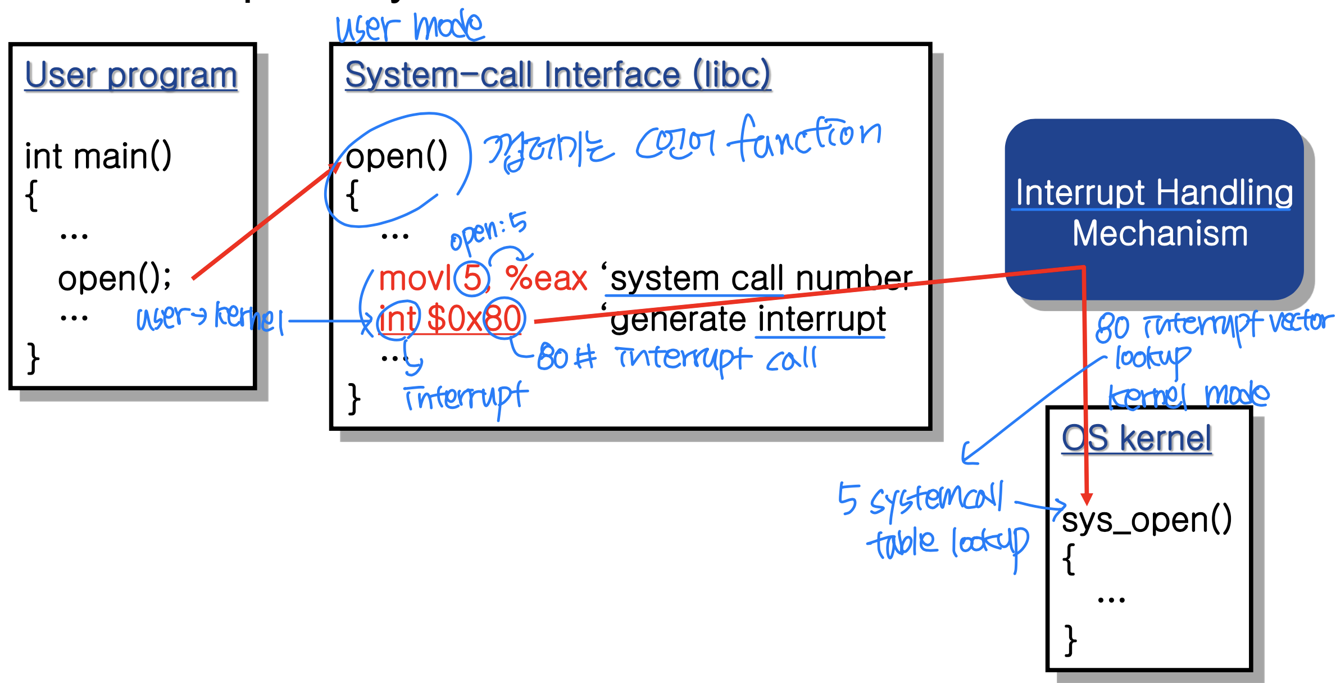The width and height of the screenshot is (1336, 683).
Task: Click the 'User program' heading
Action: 131,75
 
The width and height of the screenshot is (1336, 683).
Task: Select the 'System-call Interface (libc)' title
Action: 557,75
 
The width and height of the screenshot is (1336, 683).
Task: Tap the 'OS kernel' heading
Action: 1137,438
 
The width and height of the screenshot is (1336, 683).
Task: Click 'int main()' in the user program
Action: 98,156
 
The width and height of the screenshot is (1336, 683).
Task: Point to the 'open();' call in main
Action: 114,279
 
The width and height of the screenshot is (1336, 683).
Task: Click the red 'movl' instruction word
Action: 415,279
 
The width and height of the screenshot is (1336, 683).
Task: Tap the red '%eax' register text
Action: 546,279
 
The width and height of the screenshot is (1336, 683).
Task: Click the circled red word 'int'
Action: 398,319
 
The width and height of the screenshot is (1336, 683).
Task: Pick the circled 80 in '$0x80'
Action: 503,319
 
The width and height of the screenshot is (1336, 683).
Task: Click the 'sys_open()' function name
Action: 1146,520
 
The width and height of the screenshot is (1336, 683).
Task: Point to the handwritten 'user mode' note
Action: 410,27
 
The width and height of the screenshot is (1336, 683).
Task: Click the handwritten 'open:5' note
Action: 488,230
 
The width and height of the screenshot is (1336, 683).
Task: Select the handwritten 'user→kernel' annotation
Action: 210,318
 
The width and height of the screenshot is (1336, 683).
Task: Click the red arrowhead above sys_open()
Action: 1087,499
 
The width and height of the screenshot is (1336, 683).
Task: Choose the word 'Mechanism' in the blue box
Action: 1160,234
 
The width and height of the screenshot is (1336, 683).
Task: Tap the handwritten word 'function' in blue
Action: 805,137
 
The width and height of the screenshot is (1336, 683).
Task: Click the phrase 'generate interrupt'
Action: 748,319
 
